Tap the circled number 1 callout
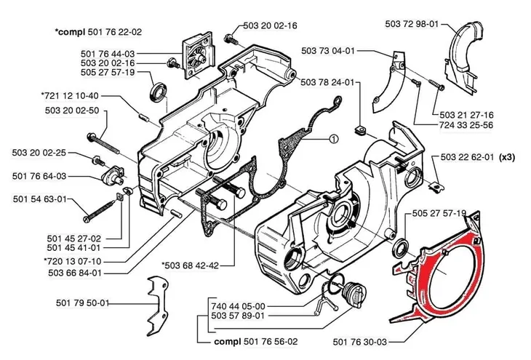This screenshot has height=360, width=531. coord(332,137)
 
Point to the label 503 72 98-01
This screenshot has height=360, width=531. coord(412,25)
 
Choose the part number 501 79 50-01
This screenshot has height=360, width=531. coord(82,303)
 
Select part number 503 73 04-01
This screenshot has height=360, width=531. coord(328,51)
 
